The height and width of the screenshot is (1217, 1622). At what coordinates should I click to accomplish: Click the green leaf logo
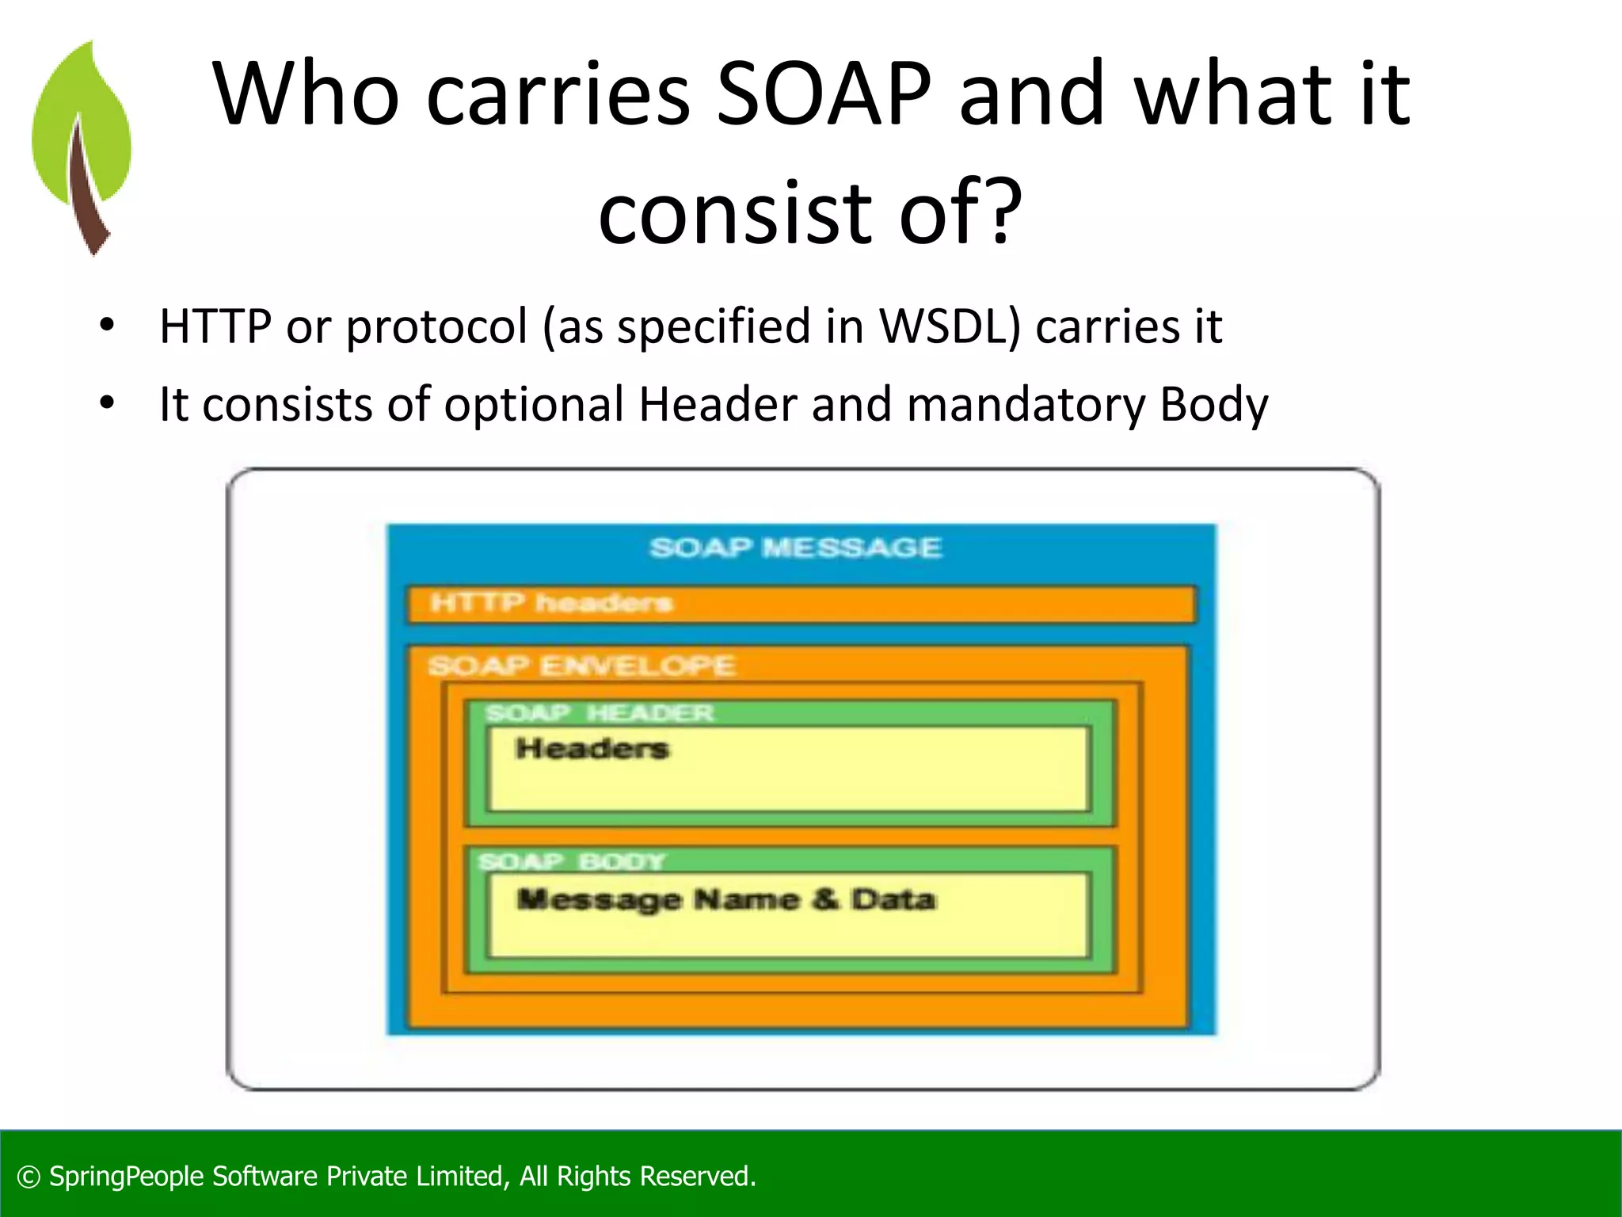click(x=82, y=147)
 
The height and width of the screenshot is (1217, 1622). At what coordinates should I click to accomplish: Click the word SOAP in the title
click(x=824, y=95)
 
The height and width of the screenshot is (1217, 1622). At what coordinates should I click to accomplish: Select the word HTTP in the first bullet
click(x=215, y=326)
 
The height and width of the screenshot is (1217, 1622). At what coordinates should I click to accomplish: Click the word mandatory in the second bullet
click(x=1025, y=404)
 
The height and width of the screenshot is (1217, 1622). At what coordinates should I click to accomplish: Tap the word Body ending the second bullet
click(x=1213, y=404)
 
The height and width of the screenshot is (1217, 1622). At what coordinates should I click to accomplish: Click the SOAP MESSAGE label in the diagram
click(x=795, y=547)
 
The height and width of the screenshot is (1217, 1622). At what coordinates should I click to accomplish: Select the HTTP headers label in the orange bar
click(x=551, y=604)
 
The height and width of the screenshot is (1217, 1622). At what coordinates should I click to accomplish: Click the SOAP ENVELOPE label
click(x=581, y=666)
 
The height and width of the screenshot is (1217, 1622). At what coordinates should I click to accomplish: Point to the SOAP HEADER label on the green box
click(x=600, y=713)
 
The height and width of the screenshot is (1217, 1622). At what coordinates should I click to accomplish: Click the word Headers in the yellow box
click(x=592, y=748)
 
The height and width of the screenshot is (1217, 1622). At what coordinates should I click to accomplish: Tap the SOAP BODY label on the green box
click(x=572, y=861)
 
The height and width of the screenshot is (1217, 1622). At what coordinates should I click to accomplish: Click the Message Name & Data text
click(x=725, y=899)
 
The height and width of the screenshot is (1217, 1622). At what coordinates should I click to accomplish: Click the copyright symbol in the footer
click(x=29, y=1177)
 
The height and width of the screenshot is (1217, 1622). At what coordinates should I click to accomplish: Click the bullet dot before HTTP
click(x=107, y=325)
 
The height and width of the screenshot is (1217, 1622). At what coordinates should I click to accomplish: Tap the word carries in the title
click(x=558, y=95)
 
